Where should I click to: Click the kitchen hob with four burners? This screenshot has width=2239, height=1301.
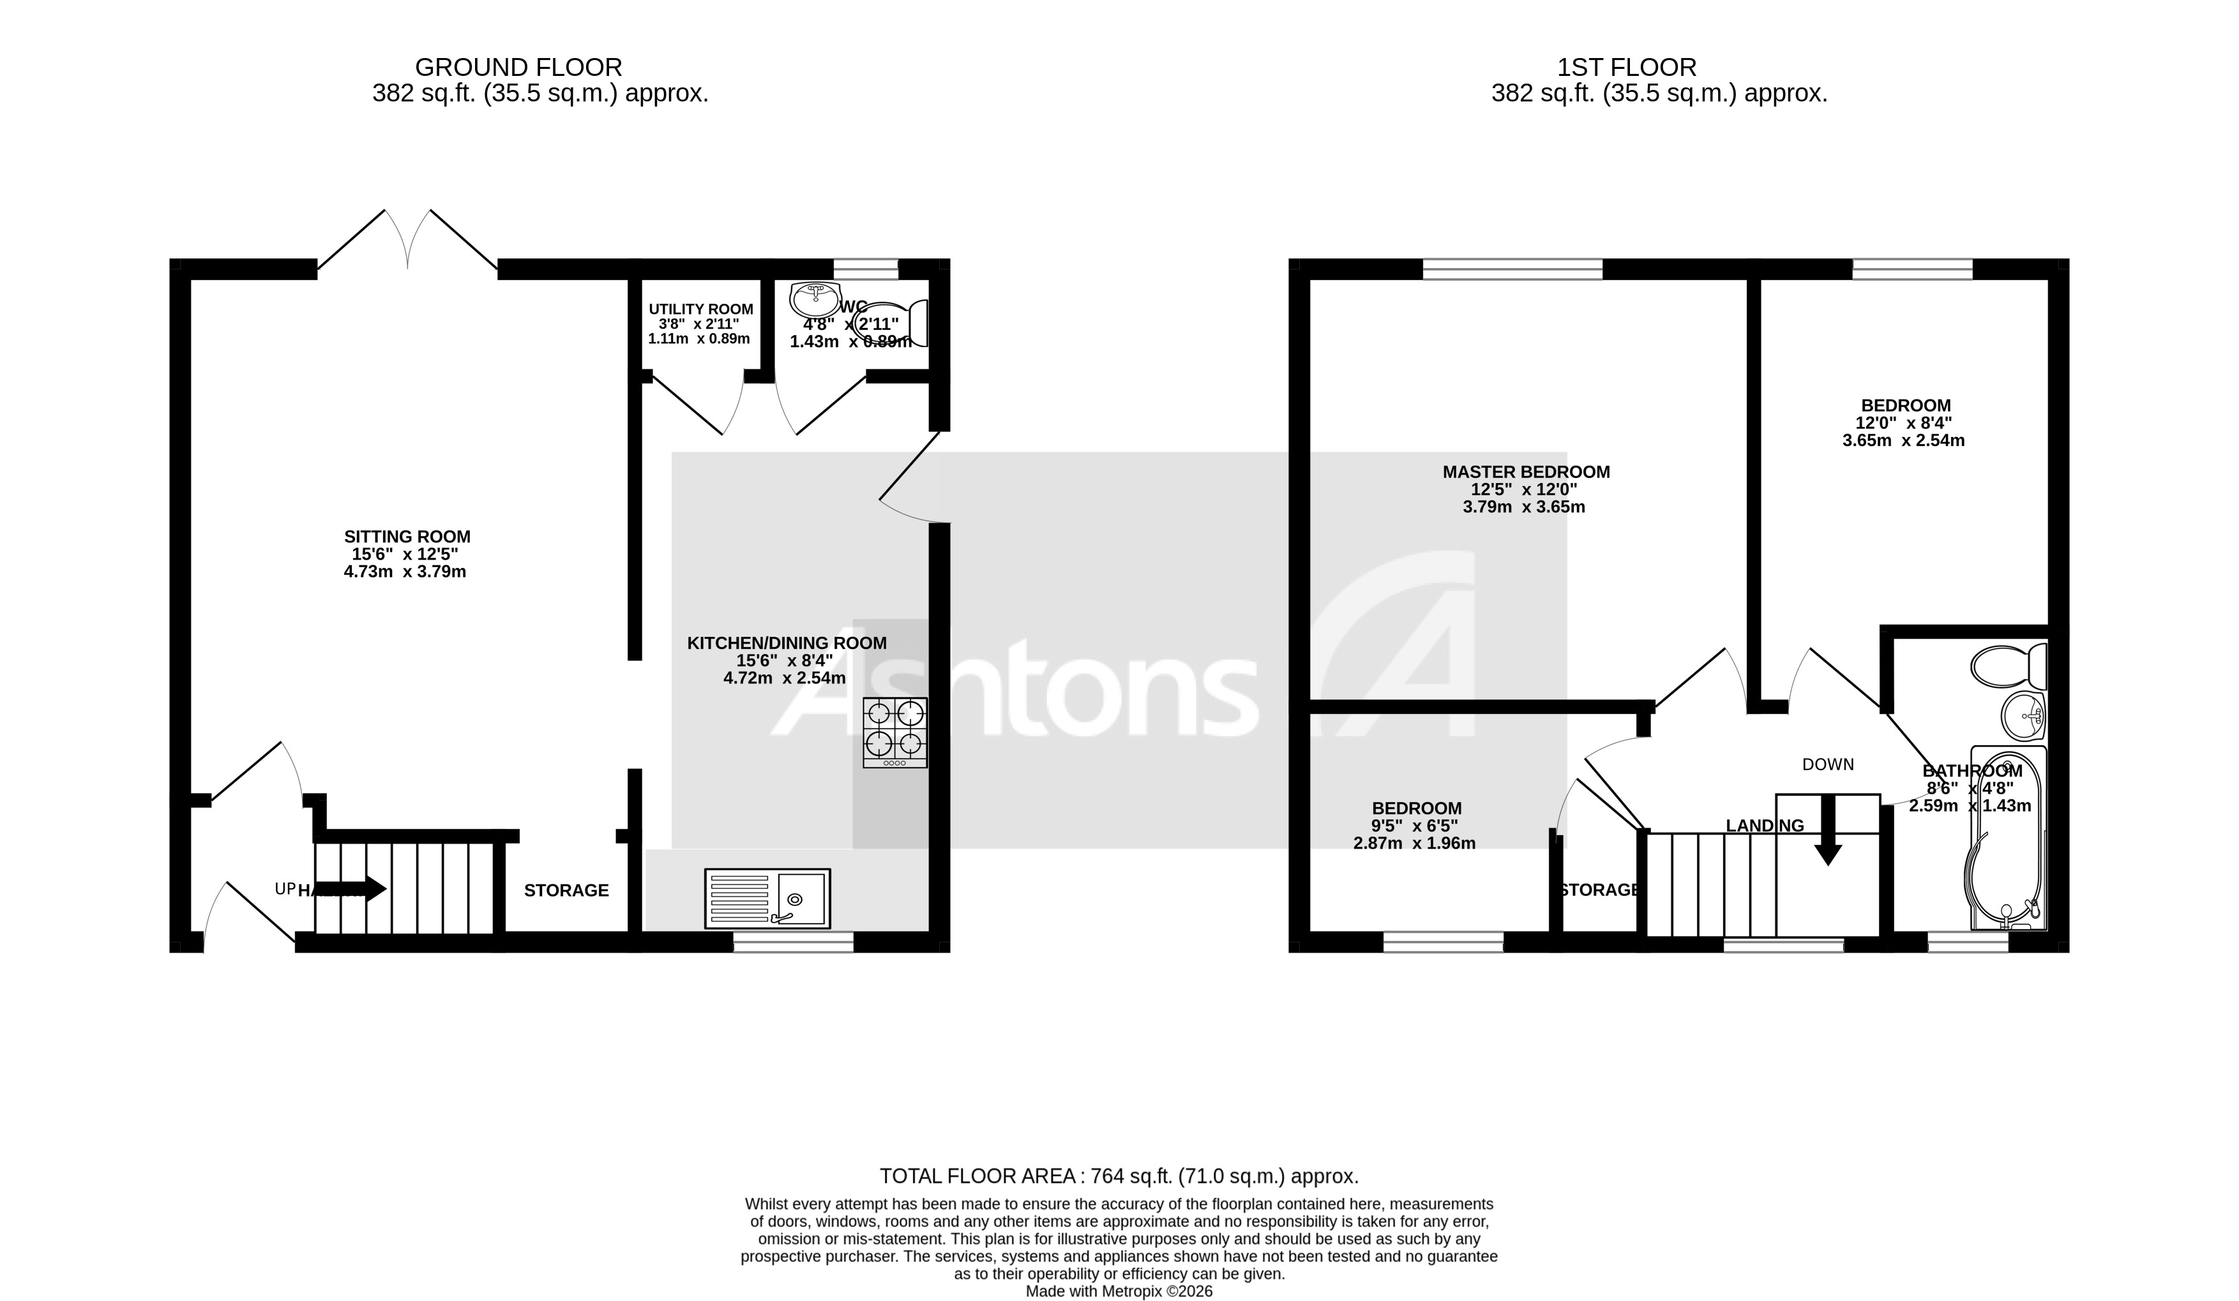894,732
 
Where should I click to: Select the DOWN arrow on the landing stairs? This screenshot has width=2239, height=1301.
1828,830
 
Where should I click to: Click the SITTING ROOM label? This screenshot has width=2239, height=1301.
407,537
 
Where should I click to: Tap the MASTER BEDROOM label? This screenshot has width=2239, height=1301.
1525,472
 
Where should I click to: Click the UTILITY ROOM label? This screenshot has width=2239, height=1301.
700,309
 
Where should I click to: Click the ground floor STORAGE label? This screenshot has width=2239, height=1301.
566,891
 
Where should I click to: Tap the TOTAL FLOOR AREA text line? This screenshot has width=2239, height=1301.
1119,1177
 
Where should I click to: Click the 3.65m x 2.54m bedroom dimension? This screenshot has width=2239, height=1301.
1903,440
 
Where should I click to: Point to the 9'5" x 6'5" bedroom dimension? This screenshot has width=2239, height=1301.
1415,826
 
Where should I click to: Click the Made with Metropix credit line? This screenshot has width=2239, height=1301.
1119,1291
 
